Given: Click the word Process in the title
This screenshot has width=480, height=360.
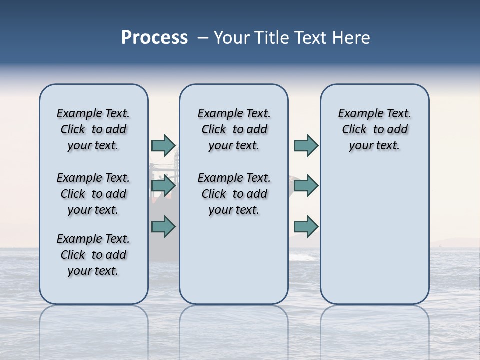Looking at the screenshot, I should pos(154,38).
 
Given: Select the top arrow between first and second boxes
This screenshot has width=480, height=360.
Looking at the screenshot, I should pos(163,146).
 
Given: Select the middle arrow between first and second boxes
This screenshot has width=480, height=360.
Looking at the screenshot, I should pos(163,186).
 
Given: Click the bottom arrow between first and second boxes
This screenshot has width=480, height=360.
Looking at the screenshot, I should pos(163,227).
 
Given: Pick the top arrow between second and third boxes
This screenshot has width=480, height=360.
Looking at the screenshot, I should pos(306,146).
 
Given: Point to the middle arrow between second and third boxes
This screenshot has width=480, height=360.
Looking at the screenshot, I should pos(306,186).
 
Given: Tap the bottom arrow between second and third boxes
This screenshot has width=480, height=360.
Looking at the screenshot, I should pos(306,227).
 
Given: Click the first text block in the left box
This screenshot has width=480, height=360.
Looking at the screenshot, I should pos(93,129).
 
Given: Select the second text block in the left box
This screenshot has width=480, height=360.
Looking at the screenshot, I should pos(93,194).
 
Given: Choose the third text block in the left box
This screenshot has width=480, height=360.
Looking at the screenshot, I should pos(93,255).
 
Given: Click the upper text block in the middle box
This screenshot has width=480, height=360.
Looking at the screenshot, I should pos(234,129).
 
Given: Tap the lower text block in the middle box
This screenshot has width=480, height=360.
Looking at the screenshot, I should pos(234,194).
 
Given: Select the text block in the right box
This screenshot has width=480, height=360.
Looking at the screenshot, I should pos(374,129).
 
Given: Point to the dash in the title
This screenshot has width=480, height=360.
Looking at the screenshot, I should pos(203,38).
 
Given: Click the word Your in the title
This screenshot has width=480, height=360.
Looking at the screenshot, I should pos(232,38).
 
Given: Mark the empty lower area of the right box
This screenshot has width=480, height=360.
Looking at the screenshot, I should pos(374,230).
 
